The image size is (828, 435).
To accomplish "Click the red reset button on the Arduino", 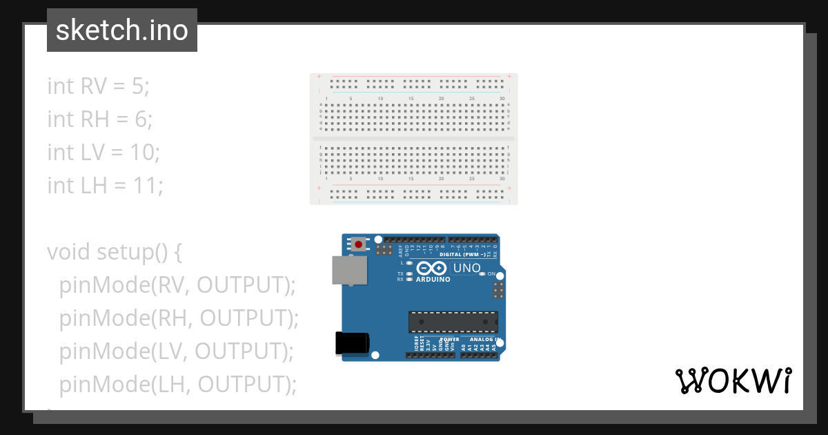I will click(x=359, y=244).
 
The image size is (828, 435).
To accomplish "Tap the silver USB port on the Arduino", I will click(x=350, y=270).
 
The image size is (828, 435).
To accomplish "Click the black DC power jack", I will click(x=352, y=343).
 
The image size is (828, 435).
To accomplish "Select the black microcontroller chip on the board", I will click(x=453, y=322).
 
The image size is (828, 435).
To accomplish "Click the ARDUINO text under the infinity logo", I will click(x=433, y=280).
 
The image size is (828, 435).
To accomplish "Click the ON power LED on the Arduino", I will click(x=482, y=274).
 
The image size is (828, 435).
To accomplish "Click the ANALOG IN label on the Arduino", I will click(x=483, y=340).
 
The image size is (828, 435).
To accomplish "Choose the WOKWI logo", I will click(x=733, y=380).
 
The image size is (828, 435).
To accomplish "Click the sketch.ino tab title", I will click(x=122, y=30).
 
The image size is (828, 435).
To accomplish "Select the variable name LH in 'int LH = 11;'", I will click(x=93, y=186).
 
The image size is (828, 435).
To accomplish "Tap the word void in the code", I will click(x=69, y=252).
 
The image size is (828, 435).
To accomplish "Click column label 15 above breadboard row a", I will click(x=411, y=99).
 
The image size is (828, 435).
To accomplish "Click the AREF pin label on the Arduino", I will click(x=400, y=249).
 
